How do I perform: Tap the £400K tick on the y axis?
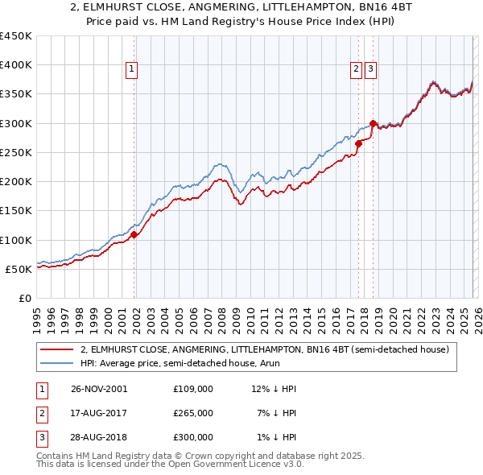tap(16, 65)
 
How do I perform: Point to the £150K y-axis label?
tap(16, 211)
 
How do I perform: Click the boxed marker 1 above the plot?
tap(132, 70)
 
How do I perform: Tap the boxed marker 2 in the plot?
tap(356, 70)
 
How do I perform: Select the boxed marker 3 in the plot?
tap(370, 70)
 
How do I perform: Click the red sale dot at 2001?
tap(134, 234)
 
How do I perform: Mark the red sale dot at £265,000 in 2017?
tap(358, 144)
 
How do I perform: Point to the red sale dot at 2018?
tap(373, 123)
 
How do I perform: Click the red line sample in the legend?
tap(57, 349)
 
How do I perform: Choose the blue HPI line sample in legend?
tap(57, 364)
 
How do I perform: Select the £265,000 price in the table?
tap(192, 413)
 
